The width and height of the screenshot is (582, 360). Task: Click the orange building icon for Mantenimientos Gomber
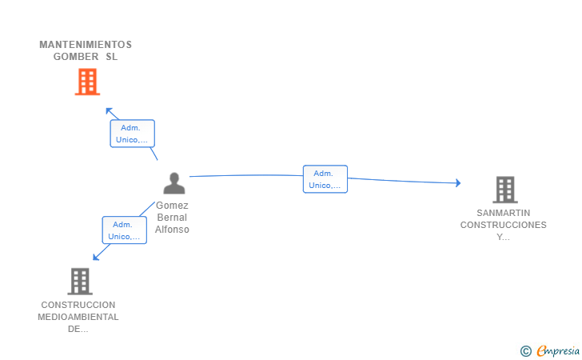coord(87,82)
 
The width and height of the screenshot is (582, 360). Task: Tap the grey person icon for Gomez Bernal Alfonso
coord(174,183)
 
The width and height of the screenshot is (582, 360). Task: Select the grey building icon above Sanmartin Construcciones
coord(505,190)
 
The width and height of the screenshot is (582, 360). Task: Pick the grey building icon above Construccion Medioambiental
coord(80,282)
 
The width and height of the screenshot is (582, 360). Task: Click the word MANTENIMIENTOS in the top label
coord(86,45)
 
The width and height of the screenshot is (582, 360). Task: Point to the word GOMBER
coord(76,57)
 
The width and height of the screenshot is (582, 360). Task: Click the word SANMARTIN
coord(504,213)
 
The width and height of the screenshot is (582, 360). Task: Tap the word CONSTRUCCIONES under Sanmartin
coord(504,225)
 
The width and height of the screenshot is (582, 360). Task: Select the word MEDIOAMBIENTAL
coord(78,317)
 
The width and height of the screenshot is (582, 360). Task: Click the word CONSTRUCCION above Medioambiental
coord(78,305)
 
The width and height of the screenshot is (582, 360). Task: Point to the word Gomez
coord(172,206)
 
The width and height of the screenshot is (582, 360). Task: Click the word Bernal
coord(172,218)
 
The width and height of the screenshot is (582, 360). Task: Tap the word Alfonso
coord(172,230)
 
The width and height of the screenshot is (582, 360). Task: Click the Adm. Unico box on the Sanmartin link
coord(325,179)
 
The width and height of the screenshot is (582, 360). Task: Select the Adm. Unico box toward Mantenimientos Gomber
coord(132,134)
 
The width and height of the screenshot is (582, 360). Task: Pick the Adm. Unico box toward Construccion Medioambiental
coord(125,230)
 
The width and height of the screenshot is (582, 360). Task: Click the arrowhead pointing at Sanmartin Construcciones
coord(458,182)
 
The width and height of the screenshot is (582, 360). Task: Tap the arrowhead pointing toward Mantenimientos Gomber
coord(109,110)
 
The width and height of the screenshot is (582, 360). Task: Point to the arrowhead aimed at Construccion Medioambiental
coord(96,257)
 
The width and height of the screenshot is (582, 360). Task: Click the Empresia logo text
coord(557,350)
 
